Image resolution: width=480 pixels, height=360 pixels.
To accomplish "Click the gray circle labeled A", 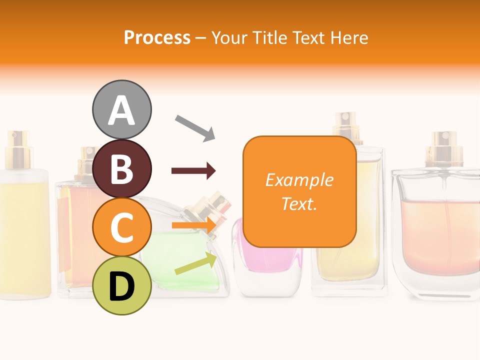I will point(121,109).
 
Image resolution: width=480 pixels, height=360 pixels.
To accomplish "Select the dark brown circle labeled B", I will point(121,168).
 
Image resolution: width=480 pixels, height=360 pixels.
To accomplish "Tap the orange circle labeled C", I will point(121,227).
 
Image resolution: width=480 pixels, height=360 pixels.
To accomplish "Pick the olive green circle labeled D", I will point(121,285).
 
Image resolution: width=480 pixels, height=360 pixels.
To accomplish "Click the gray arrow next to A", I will point(195,127).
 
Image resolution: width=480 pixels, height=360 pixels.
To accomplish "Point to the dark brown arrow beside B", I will point(193,171).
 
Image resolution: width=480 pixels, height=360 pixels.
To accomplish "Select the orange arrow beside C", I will point(193,225).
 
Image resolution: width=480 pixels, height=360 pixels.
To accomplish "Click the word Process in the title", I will point(157,38).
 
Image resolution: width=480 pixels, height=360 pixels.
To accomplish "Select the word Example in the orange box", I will point(299,180).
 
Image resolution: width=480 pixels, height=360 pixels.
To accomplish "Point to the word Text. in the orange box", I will point(299,203).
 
